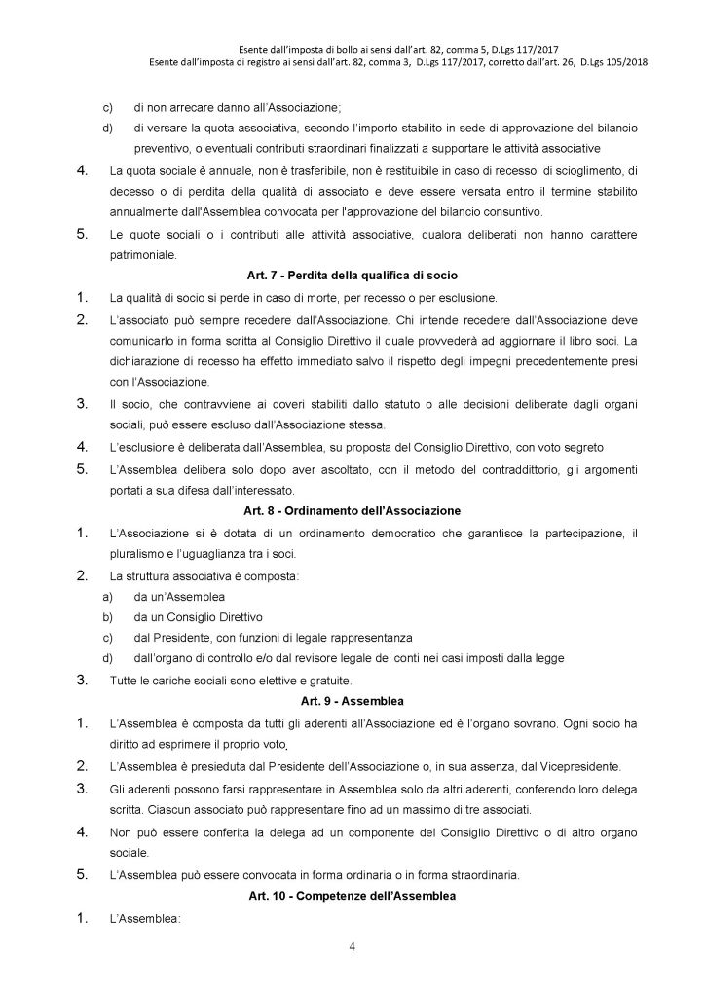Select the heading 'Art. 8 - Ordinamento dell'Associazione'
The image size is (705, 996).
pyautogui.click(x=352, y=509)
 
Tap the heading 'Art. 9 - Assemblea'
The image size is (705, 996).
pyautogui.click(x=352, y=701)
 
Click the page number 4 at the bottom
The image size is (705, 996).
pyautogui.click(x=352, y=950)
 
